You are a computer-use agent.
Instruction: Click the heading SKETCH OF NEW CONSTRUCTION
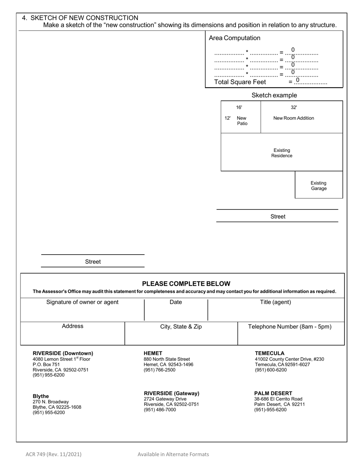click(84, 18)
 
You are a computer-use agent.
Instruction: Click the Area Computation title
click(235, 38)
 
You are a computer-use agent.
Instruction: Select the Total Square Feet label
click(240, 82)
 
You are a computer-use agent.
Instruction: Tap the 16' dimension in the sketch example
click(239, 108)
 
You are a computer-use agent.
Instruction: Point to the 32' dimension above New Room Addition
click(294, 108)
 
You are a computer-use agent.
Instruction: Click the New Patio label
click(242, 120)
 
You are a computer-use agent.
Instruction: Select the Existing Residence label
click(282, 153)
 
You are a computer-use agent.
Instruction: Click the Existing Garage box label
click(319, 186)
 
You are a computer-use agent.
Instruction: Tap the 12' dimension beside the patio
click(227, 118)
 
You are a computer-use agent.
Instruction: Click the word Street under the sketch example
click(278, 217)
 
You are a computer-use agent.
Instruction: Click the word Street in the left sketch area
click(93, 262)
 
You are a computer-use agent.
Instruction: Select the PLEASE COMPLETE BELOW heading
click(186, 284)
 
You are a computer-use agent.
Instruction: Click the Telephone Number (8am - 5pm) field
click(290, 335)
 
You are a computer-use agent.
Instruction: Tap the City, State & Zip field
click(181, 335)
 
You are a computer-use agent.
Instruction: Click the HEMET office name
click(153, 353)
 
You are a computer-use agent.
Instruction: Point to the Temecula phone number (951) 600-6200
click(271, 370)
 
